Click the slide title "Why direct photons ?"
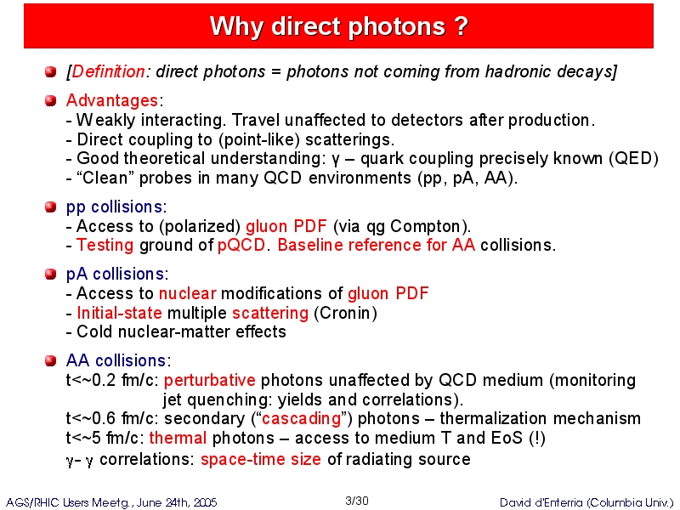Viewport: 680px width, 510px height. pos(338,26)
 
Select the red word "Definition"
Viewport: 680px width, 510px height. pos(108,71)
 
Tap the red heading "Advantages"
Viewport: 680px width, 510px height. pos(112,100)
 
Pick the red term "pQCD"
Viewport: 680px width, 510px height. pos(241,246)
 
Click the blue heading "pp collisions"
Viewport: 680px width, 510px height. pos(115,207)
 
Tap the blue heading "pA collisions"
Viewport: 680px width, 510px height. pos(116,274)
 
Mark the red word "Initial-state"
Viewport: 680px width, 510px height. pos(119,313)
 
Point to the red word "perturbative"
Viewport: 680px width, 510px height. pos(210,380)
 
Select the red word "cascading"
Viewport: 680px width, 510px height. pos(302,418)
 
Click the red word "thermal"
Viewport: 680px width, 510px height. pos(178,438)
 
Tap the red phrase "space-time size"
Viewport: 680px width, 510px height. pos(261,459)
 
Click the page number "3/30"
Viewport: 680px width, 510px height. pos(357,501)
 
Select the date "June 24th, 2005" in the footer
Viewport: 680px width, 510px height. pos(177,502)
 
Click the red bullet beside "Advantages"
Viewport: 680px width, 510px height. pos(51,100)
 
